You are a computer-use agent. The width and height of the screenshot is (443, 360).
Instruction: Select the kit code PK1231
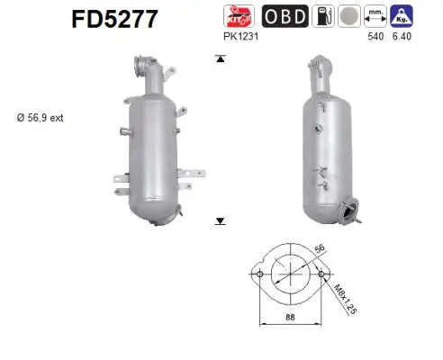[x=239, y=38]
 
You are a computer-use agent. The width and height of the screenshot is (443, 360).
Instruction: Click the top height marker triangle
[x=219, y=58]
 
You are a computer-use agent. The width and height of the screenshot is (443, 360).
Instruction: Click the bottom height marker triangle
[x=219, y=219]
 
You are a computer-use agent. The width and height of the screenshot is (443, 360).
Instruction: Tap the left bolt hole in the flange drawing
[x=259, y=274]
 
